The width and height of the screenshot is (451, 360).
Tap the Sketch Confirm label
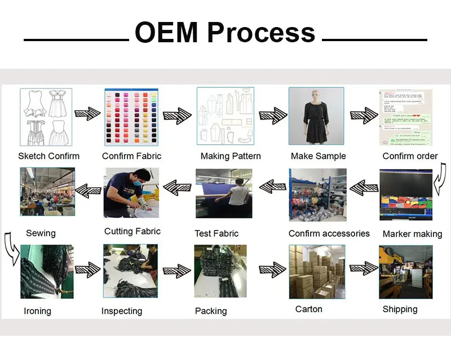[x=48, y=156]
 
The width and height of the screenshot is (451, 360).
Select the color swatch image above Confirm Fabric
[x=132, y=117]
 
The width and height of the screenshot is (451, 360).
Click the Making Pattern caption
[x=231, y=156]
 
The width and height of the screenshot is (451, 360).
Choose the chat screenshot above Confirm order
[x=405, y=117]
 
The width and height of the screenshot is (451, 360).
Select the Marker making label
[x=412, y=234]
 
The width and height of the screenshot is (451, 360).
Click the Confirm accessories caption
[x=329, y=233]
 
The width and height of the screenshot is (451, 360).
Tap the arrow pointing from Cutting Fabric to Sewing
[x=87, y=190]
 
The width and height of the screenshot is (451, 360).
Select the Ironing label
[x=37, y=311]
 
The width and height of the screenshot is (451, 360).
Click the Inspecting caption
[x=122, y=311]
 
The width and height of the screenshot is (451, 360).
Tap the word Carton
[x=309, y=309]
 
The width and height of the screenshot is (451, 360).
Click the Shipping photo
[x=405, y=271]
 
